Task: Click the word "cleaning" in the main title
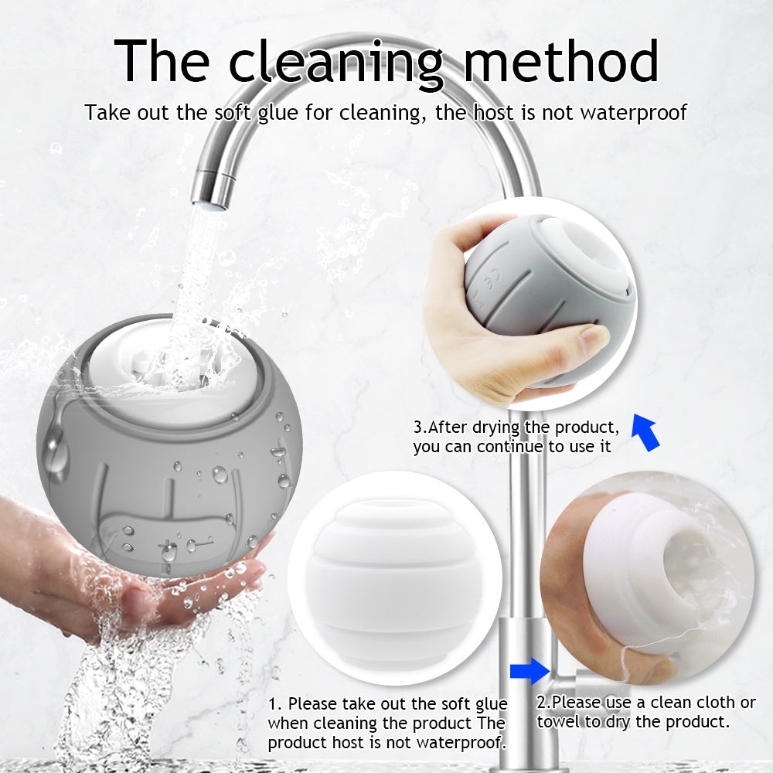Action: pyautogui.click(x=337, y=64)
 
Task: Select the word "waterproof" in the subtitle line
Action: pyautogui.click(x=634, y=114)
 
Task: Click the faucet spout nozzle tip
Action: pyautogui.click(x=209, y=203)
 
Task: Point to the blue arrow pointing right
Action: pyautogui.click(x=530, y=670)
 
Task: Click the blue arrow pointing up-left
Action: pyautogui.click(x=645, y=432)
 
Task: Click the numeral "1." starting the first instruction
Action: pyautogui.click(x=275, y=703)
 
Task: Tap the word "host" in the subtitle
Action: pyautogui.click(x=493, y=113)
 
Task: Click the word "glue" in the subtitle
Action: pyautogui.click(x=278, y=114)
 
